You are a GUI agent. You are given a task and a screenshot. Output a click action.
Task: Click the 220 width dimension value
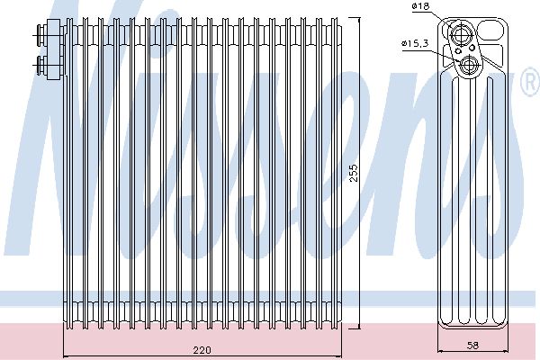click(x=202, y=350)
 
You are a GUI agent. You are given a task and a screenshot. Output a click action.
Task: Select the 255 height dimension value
click(x=354, y=174)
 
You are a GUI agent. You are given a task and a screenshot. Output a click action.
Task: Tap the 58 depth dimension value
click(x=473, y=346)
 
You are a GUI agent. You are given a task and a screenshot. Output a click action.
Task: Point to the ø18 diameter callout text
click(x=421, y=6)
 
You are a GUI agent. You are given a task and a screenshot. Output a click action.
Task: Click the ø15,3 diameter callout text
click(x=415, y=43)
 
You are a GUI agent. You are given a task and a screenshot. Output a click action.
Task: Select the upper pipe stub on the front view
click(x=40, y=35)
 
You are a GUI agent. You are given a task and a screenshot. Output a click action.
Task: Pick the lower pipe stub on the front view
click(x=40, y=65)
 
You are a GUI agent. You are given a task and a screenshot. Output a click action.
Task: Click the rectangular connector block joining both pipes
click(x=55, y=49)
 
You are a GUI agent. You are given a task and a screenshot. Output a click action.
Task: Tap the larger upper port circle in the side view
click(x=460, y=34)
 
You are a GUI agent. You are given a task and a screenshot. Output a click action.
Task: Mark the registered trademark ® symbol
click(x=530, y=82)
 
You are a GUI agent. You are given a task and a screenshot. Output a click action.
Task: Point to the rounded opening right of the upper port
click(x=490, y=31)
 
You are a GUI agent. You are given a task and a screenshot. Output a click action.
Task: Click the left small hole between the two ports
click(x=458, y=51)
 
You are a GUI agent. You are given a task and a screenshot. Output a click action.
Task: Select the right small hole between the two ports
click(x=472, y=47)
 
